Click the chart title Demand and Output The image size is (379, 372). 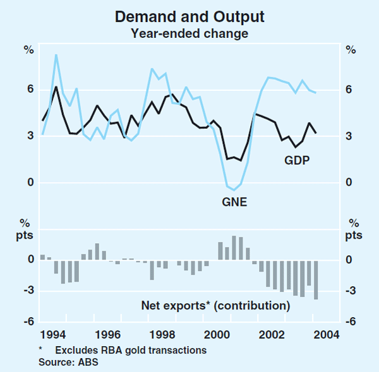click(x=189, y=17)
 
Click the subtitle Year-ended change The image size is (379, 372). click(x=189, y=33)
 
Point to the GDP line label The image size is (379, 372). click(x=297, y=162)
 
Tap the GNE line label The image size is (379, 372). click(x=234, y=203)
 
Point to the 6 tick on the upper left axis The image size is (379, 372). click(x=29, y=90)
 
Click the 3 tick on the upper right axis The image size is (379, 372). click(x=349, y=136)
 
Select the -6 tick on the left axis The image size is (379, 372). click(x=27, y=321)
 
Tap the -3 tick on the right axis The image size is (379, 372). click(x=351, y=291)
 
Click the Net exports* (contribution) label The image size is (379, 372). click(x=215, y=306)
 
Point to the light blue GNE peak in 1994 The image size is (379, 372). click(x=56, y=55)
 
